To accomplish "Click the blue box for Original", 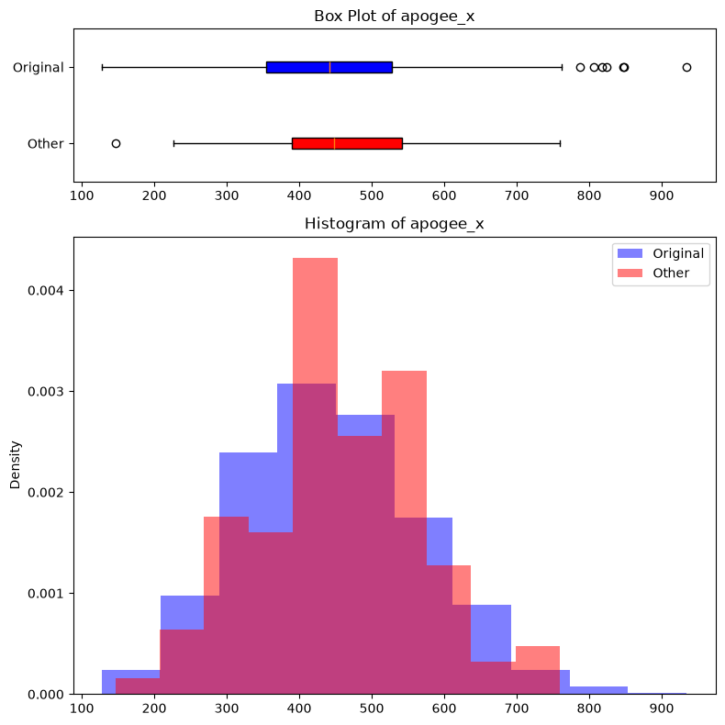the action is pos(329,68).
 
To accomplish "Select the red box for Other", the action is pos(347,143).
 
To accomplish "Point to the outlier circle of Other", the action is pos(116,143).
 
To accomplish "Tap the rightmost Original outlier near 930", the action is pos(686,68).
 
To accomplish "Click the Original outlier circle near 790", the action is pos(580,68).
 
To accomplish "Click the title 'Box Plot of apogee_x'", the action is pos(394,17).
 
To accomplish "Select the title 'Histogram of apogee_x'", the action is pos(394,224).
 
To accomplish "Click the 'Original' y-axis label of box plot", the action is pos(38,68).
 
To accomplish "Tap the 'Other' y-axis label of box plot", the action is pos(45,143).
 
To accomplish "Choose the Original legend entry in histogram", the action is pos(661,253).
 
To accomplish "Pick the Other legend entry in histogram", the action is pos(653,273).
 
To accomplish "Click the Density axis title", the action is pos(16,465).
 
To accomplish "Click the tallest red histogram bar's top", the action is pos(316,258).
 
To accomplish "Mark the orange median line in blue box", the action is pos(329,68).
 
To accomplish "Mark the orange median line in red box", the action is pos(334,143).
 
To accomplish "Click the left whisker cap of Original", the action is pos(102,68).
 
